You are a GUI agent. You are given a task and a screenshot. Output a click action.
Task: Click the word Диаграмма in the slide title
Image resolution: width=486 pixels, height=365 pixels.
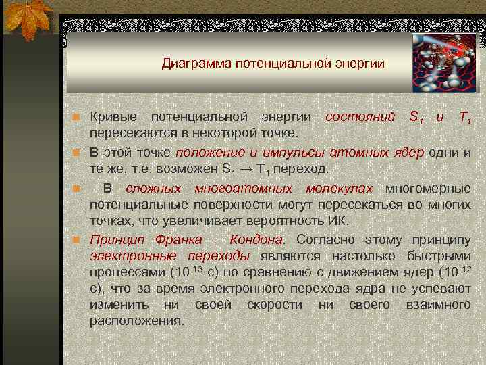click(x=191, y=64)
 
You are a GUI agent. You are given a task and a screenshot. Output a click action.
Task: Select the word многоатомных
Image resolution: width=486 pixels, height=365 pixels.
click(x=243, y=187)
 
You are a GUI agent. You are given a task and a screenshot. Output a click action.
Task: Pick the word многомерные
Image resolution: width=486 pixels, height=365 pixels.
click(x=428, y=187)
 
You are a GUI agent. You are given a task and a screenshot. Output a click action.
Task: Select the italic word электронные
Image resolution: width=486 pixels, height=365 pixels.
click(x=133, y=256)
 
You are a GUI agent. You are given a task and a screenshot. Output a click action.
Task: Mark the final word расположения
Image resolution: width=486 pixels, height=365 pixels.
click(x=136, y=320)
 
